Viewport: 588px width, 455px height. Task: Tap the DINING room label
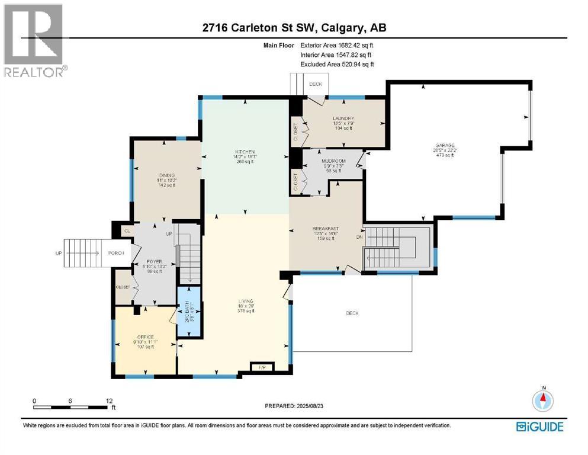[x=166, y=175]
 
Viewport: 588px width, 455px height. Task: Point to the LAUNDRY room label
[x=343, y=118]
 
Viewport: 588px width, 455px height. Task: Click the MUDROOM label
[x=333, y=161]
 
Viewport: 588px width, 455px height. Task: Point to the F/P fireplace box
[x=261, y=367]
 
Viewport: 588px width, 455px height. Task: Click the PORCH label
[x=115, y=254]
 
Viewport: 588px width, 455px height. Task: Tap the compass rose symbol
[x=543, y=400]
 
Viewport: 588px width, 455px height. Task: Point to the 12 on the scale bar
[x=108, y=400]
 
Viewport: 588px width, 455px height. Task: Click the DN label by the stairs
[x=358, y=238]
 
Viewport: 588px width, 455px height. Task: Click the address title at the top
[x=294, y=27]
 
